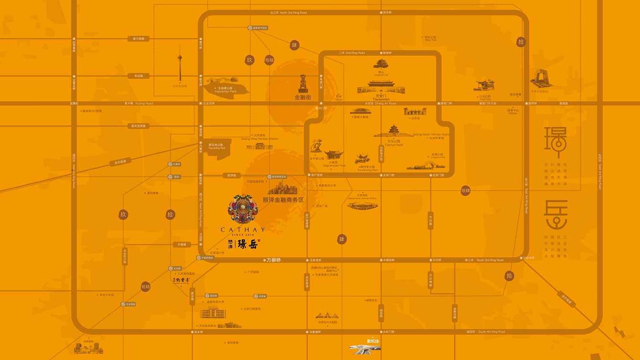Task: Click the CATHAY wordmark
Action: click(243, 230)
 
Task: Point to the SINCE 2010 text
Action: click(243, 235)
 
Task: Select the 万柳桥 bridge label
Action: click(274, 260)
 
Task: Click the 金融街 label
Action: click(303, 97)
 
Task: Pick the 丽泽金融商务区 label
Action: click(283, 200)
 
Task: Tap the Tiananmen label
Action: click(381, 99)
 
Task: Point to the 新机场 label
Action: click(373, 341)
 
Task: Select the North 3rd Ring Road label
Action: click(293, 13)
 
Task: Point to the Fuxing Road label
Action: click(144, 103)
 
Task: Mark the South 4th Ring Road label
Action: click(491, 331)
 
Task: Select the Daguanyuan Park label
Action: click(334, 166)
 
